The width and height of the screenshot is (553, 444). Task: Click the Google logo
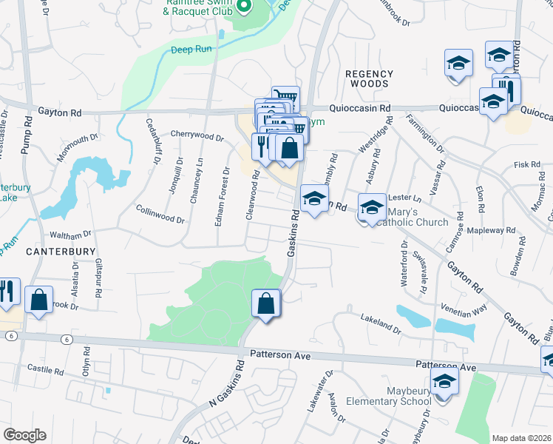[24, 435]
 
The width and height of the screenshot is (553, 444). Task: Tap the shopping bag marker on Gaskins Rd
[266, 303]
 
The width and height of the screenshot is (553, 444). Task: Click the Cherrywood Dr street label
[197, 137]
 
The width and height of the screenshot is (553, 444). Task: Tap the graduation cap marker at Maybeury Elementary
[444, 383]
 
